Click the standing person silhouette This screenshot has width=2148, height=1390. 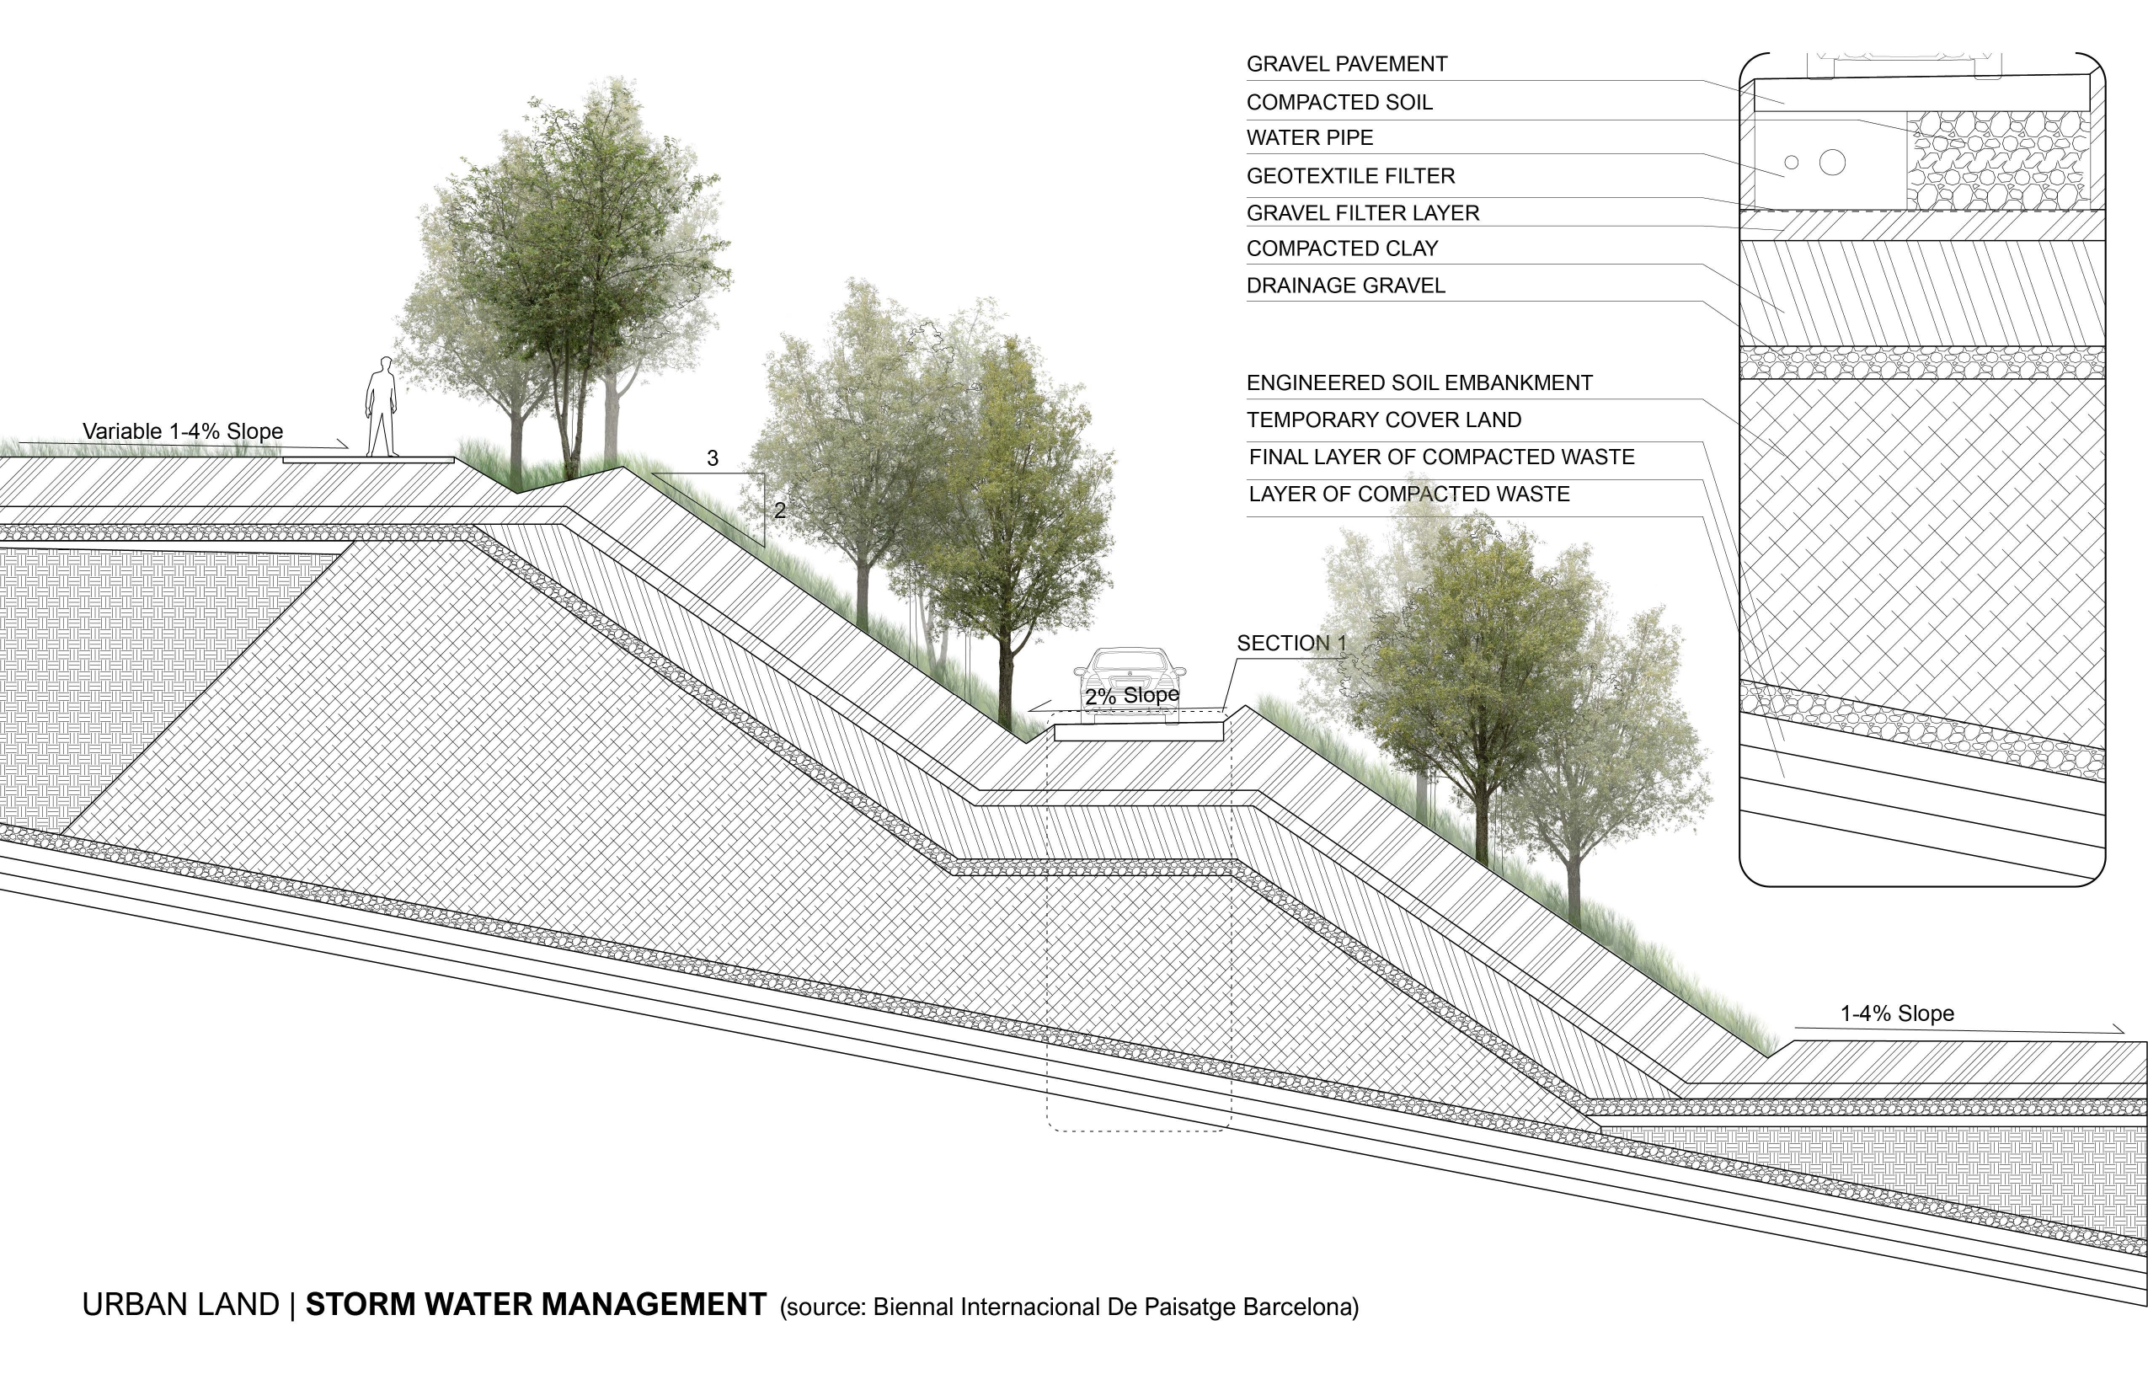click(381, 408)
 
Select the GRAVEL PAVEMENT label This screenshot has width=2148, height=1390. click(1347, 64)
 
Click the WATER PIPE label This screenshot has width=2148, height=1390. click(1310, 138)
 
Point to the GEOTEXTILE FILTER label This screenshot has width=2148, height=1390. click(1350, 176)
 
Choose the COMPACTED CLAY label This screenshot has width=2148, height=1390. click(1342, 249)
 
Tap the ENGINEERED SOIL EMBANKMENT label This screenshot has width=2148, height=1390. click(1419, 382)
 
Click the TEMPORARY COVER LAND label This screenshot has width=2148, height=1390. click(1383, 420)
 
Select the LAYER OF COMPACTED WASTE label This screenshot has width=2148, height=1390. click(1408, 495)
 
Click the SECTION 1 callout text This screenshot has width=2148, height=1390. click(1290, 644)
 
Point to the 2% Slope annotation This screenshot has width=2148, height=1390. click(1132, 696)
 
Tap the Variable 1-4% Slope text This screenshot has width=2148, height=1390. click(182, 431)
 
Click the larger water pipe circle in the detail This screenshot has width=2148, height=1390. click(1832, 163)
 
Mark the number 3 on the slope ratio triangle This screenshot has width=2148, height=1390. click(712, 458)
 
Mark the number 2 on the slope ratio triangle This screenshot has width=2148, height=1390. click(780, 511)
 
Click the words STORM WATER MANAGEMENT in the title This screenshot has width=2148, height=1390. click(536, 1305)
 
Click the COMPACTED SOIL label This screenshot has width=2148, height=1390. click(1339, 103)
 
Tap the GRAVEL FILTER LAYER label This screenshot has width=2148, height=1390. click(1363, 213)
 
